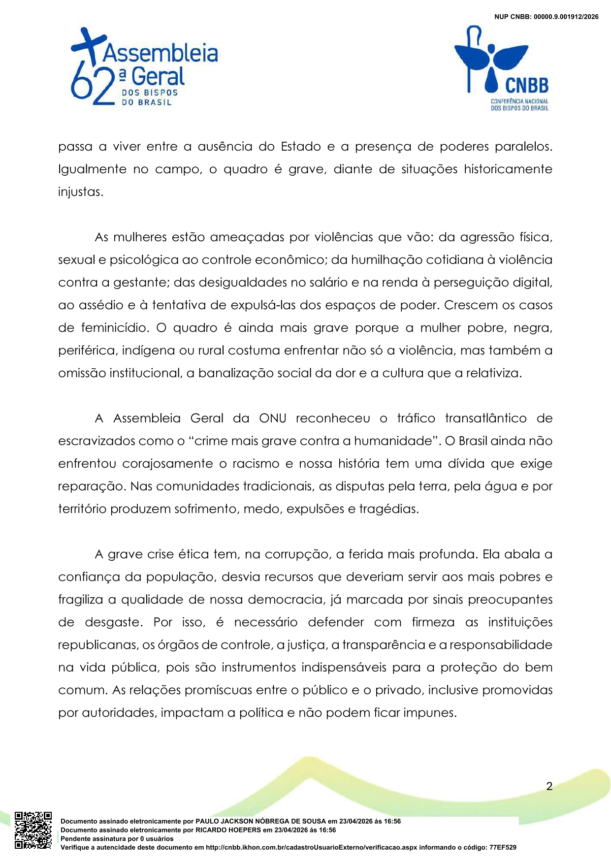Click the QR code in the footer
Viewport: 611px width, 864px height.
(33, 830)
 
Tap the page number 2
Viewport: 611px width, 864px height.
(549, 786)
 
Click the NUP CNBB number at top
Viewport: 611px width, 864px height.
(547, 17)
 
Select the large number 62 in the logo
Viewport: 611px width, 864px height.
(93, 86)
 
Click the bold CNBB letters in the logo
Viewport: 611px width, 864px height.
(527, 86)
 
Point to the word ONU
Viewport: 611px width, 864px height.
(272, 418)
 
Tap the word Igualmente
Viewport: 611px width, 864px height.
(92, 169)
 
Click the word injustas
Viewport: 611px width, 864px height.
(80, 192)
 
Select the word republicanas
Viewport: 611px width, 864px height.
(98, 645)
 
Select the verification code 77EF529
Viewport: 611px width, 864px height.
(503, 847)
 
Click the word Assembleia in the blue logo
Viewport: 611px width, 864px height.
(160, 53)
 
